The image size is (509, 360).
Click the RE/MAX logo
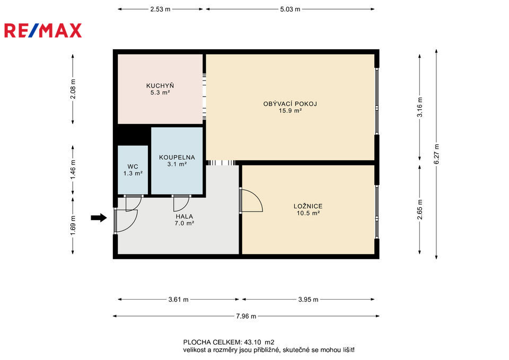pyautogui.click(x=43, y=31)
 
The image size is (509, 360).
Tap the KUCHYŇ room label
pyautogui.click(x=160, y=86)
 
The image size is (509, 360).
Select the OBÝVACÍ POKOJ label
pyautogui.click(x=290, y=104)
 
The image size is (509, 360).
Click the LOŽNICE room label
pyautogui.click(x=308, y=206)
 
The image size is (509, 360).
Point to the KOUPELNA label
pyautogui.click(x=177, y=157)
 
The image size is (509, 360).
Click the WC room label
pyautogui.click(x=133, y=167)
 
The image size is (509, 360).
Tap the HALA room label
pyautogui.click(x=185, y=216)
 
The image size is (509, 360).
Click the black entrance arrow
pyautogui.click(x=99, y=217)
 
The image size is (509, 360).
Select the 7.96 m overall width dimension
pyautogui.click(x=246, y=316)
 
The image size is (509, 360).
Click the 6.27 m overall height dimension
pyautogui.click(x=436, y=154)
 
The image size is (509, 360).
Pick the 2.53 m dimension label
pyautogui.click(x=160, y=9)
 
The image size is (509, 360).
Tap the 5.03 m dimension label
pyautogui.click(x=290, y=9)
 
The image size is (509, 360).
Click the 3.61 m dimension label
pyautogui.click(x=178, y=300)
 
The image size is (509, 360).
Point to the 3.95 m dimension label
pyautogui.click(x=309, y=300)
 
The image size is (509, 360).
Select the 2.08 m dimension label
pyautogui.click(x=73, y=89)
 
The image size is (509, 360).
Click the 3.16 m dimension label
pyautogui.click(x=420, y=107)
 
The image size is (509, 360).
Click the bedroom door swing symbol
pyautogui.click(x=251, y=200)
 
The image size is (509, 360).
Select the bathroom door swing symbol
pyautogui.click(x=181, y=204)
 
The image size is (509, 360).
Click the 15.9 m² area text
pyautogui.click(x=290, y=111)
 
